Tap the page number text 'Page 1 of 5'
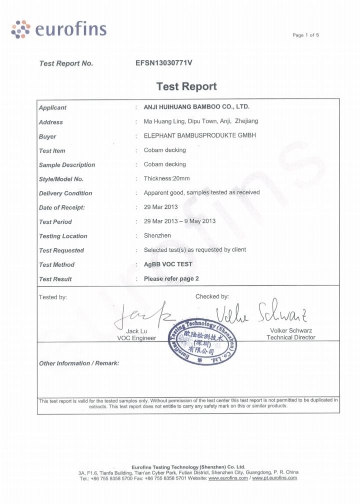(305, 35)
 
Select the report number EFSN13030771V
(164, 63)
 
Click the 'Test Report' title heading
(186, 86)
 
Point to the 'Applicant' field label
(52, 108)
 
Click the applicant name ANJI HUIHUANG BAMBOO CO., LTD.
(196, 107)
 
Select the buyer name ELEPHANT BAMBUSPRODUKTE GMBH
(200, 135)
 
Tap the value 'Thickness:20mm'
(167, 178)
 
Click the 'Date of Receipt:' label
(62, 207)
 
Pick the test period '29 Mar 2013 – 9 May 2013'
(179, 221)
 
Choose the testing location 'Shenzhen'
(157, 235)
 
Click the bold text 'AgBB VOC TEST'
(168, 264)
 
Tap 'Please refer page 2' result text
(171, 279)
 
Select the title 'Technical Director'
(291, 338)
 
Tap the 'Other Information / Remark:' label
(79, 363)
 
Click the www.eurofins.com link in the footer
(228, 478)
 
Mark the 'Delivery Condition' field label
(65, 193)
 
